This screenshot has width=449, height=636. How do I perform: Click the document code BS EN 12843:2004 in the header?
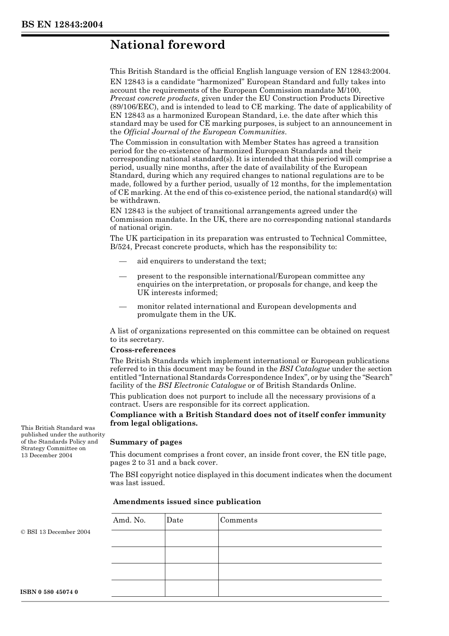[x=62, y=25]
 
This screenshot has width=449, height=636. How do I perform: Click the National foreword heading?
[x=167, y=45]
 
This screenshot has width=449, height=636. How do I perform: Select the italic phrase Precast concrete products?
[x=154, y=98]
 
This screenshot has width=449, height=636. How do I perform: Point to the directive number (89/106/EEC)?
[x=129, y=107]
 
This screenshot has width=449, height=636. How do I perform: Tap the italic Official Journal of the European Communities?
[x=204, y=132]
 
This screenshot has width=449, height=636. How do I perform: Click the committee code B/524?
[x=120, y=246]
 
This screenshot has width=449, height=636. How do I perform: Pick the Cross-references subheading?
[x=143, y=350]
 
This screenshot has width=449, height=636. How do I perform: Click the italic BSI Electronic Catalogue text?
[x=202, y=385]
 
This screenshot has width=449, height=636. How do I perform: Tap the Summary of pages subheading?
[x=146, y=442]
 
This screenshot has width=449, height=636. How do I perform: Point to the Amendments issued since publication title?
[x=187, y=502]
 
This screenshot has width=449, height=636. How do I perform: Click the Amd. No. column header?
[x=129, y=520]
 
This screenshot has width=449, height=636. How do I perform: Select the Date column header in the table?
[x=175, y=520]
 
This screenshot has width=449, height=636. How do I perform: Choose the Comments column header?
[x=239, y=520]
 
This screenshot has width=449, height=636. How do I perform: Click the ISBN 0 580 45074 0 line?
[x=50, y=592]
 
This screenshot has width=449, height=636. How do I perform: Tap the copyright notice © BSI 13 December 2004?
[x=56, y=532]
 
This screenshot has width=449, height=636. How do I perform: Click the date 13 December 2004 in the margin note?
[x=47, y=455]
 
